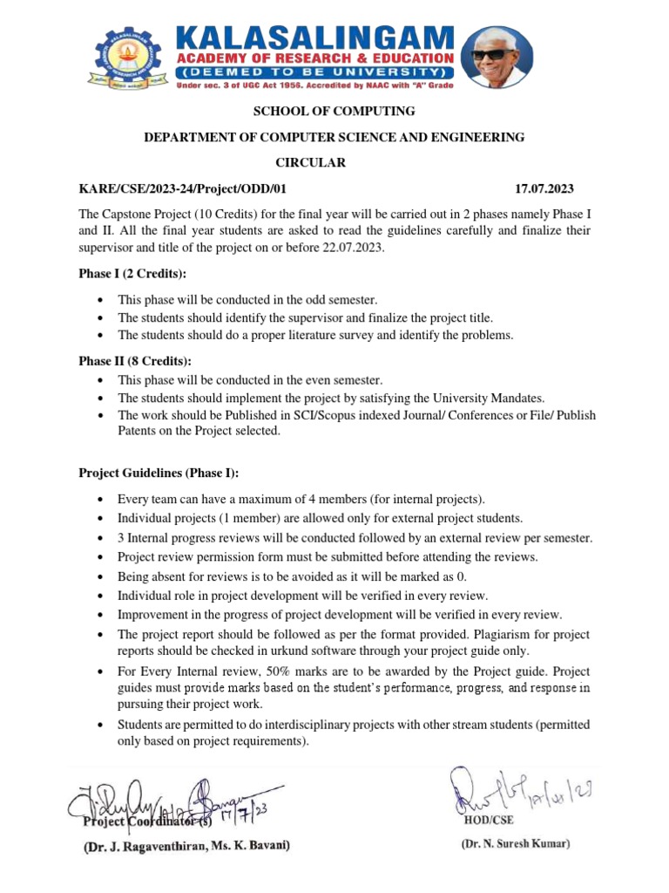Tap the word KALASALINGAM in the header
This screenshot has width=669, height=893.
click(316, 38)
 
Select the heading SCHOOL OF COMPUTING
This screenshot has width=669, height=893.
click(321, 111)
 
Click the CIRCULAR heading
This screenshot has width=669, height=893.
click(310, 163)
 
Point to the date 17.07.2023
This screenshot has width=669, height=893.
click(544, 189)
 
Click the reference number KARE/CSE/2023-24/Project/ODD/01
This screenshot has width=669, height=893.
click(182, 189)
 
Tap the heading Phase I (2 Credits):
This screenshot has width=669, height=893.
click(132, 275)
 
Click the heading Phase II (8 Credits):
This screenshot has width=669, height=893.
click(135, 361)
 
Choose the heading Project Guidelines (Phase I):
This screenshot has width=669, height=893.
click(159, 473)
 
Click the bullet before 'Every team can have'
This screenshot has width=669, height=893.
click(103, 500)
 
